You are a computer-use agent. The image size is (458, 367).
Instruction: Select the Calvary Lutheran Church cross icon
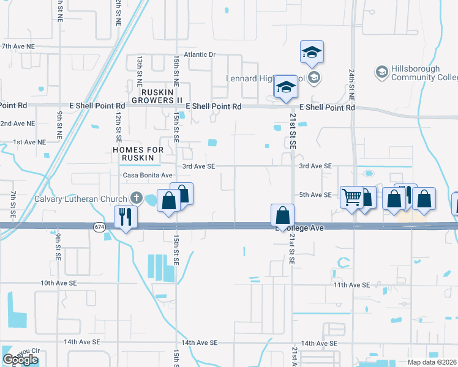(136, 198)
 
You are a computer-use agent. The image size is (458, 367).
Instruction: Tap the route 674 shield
(99, 227)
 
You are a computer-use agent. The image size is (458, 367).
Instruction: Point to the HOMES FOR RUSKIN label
(141, 154)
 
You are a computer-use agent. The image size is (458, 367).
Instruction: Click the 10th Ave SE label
(59, 283)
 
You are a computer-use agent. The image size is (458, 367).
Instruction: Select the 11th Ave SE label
(351, 285)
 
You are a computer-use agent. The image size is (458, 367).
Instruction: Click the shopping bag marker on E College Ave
(282, 216)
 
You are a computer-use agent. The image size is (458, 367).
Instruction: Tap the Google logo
(20, 360)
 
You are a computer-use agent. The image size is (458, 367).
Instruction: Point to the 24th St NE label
(351, 92)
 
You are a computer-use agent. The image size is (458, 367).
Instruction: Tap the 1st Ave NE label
(29, 142)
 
